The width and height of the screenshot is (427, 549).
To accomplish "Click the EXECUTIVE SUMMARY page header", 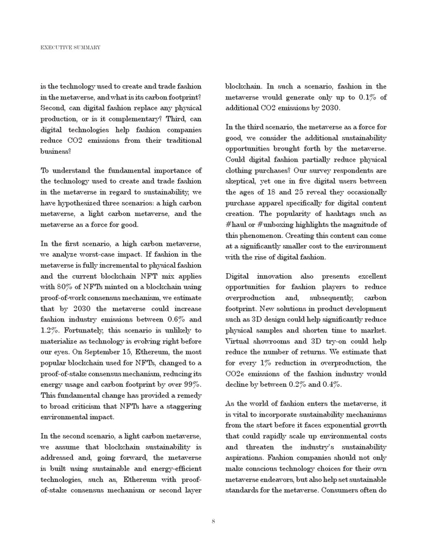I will click(x=70, y=47).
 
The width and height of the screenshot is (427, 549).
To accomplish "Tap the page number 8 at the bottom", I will click(x=213, y=520).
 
